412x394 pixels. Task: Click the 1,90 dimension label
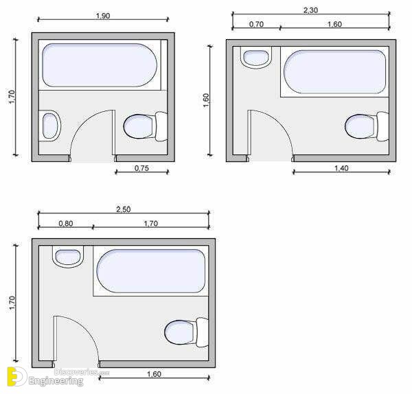(x=103, y=16)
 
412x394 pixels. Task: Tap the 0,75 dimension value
(x=141, y=168)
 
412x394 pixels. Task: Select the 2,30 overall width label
(x=310, y=10)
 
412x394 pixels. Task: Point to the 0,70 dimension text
(x=256, y=24)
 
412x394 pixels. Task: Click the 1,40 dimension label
(x=341, y=168)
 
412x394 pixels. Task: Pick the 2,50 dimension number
(x=123, y=209)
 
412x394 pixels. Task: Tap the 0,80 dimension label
(x=66, y=224)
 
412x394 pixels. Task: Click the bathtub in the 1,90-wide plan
(x=100, y=65)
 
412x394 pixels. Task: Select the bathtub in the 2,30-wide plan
(x=335, y=71)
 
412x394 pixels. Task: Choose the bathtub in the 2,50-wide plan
(x=151, y=271)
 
